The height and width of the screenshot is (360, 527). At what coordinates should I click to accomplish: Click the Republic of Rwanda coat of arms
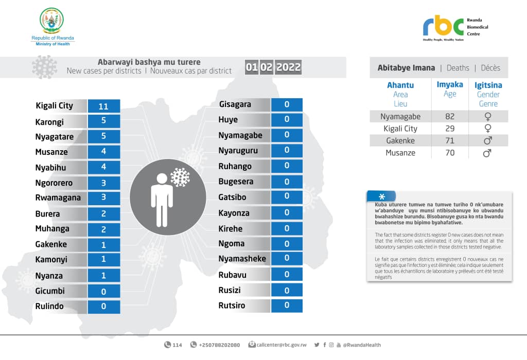click(x=52, y=21)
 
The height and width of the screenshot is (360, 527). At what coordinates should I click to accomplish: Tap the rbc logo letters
click(x=443, y=26)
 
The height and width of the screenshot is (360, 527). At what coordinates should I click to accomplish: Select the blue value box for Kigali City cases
click(x=103, y=106)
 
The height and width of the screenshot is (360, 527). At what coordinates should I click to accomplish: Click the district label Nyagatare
click(x=55, y=137)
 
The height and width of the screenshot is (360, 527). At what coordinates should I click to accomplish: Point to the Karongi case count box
click(x=103, y=121)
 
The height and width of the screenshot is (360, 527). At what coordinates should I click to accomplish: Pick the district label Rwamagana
click(x=57, y=198)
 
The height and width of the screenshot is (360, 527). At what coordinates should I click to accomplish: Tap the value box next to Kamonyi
click(x=103, y=260)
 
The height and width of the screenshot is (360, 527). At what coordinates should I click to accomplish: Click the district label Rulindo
click(x=49, y=306)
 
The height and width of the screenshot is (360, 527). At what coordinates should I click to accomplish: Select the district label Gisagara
click(x=235, y=104)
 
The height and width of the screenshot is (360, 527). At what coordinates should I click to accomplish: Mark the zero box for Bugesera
click(x=287, y=182)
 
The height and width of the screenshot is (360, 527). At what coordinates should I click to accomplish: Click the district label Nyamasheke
click(x=242, y=259)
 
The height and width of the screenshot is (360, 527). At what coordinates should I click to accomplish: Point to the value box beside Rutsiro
click(x=287, y=305)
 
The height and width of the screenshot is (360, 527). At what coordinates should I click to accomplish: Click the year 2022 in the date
click(x=288, y=67)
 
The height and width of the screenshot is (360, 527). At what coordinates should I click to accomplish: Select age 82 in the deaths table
click(x=450, y=117)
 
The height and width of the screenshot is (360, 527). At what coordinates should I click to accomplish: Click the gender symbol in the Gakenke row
click(x=487, y=141)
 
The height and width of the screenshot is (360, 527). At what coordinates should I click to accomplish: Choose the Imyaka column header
click(x=450, y=85)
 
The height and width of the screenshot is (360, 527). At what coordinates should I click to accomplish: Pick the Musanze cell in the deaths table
click(x=400, y=153)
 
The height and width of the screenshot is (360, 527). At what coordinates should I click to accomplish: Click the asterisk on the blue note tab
click(x=382, y=196)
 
